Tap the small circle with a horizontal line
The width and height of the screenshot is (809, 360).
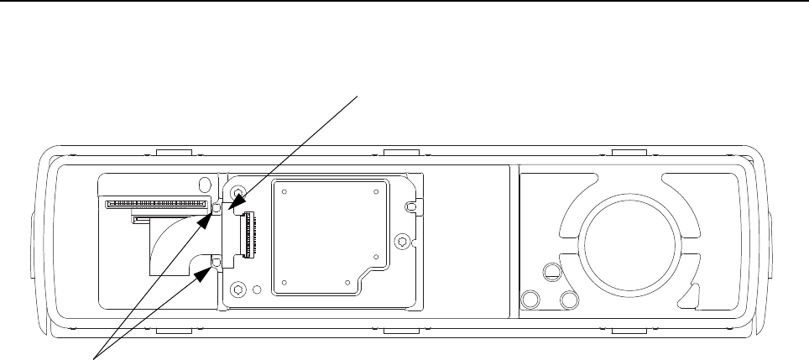click(x=551, y=272)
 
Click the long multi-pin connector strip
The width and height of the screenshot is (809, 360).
click(x=155, y=204)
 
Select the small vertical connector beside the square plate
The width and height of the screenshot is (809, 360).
click(x=248, y=234)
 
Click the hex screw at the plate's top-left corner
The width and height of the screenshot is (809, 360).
click(x=238, y=190)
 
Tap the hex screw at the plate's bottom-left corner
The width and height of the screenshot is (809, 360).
click(x=239, y=290)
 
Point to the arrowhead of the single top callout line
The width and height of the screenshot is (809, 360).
click(x=237, y=202)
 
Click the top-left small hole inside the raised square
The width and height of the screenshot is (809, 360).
click(x=285, y=190)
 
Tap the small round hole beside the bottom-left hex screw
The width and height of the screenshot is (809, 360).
click(x=258, y=290)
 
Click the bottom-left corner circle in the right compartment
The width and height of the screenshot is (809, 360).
click(x=530, y=299)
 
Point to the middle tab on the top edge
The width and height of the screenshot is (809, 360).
click(x=401, y=154)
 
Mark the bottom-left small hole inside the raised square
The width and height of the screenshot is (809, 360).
click(x=285, y=282)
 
